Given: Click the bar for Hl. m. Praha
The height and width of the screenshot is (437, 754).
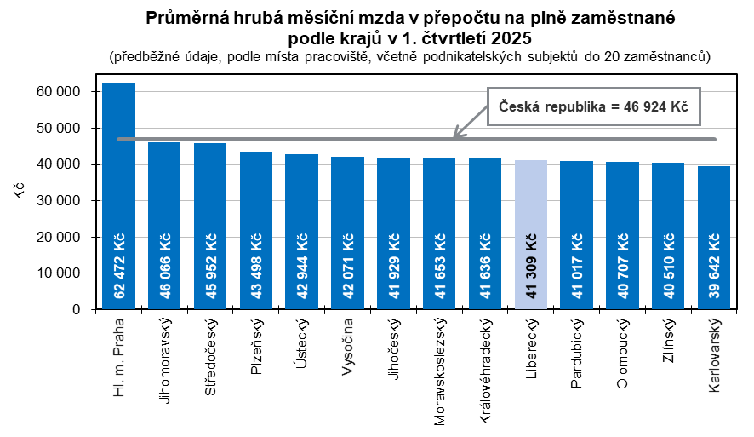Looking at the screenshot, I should point(118,196).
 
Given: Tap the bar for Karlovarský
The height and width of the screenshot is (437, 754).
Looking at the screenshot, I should point(714,238).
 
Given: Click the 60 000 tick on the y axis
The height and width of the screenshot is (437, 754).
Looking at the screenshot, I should point(56,92).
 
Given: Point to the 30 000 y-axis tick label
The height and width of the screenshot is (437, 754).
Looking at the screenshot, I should point(56,201).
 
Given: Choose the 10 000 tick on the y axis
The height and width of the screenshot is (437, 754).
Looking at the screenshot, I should point(56,273).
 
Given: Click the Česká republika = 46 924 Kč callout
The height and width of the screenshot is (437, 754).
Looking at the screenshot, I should point(592,107).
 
